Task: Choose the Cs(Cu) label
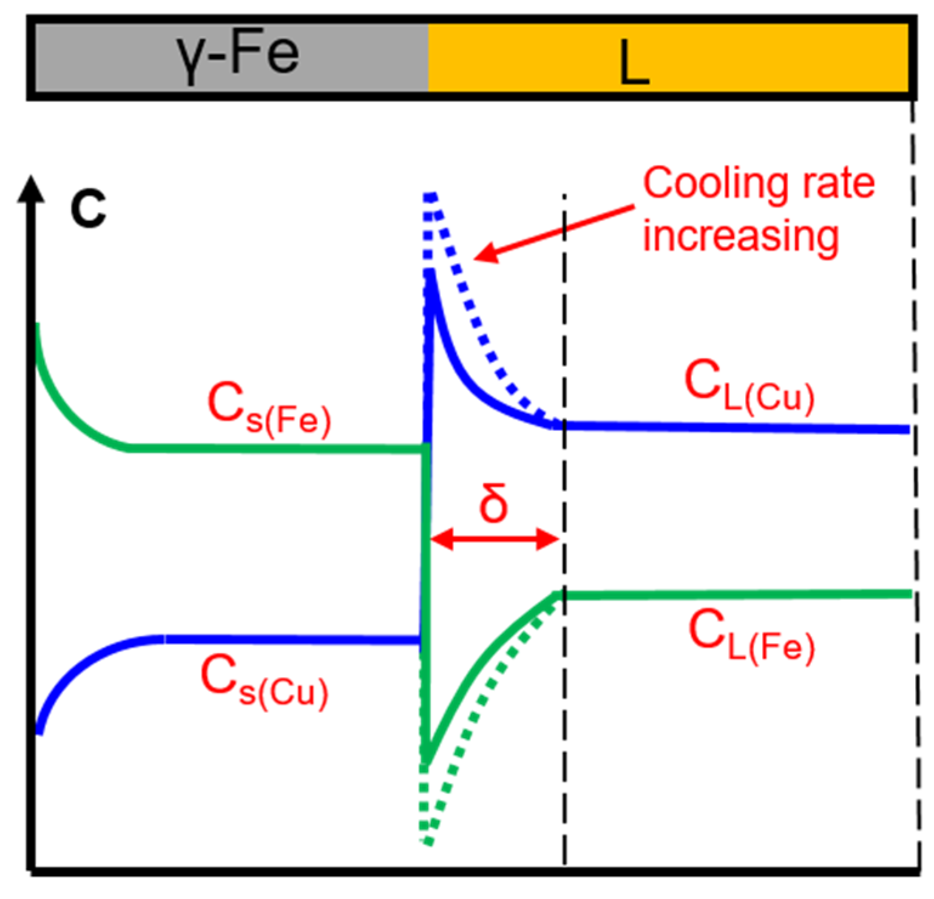pos(265,682)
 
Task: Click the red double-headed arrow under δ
pos(494,538)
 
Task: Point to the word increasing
pos(740,236)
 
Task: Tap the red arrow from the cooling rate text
pos(552,234)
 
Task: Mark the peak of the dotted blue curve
pos(430,195)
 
